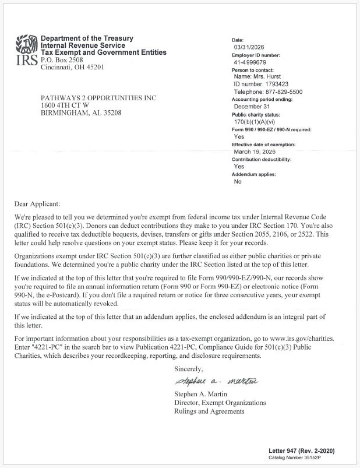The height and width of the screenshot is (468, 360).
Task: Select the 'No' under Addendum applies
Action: [x=238, y=182]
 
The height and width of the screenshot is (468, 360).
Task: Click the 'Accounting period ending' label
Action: [x=262, y=100]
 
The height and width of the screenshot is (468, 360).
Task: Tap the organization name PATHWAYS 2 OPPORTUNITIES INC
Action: [x=98, y=97]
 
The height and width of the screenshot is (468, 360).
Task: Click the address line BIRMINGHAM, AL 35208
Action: [x=81, y=112]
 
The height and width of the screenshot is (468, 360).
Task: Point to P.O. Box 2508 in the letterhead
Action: [x=61, y=59]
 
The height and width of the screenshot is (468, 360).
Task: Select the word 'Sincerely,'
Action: [x=189, y=369]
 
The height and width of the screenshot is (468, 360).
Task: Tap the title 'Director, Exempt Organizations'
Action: [x=220, y=403]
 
